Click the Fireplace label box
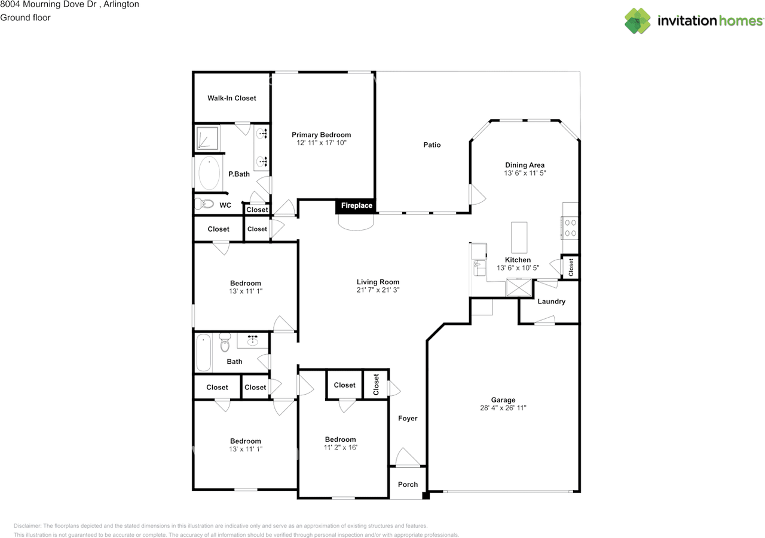[356, 206]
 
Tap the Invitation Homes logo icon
[638, 21]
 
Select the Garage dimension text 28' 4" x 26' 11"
[503, 408]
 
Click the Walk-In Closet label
[232, 98]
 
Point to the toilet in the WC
[204, 204]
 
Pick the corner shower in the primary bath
[207, 137]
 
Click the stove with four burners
[570, 228]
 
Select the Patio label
[432, 145]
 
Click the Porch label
[408, 484]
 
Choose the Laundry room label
[551, 302]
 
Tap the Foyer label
[408, 419]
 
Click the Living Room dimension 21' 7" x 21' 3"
[378, 290]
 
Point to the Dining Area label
[525, 165]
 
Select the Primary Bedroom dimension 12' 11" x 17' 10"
[321, 143]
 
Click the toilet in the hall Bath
[225, 343]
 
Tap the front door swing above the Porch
[408, 457]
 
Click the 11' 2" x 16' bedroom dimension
[340, 447]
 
